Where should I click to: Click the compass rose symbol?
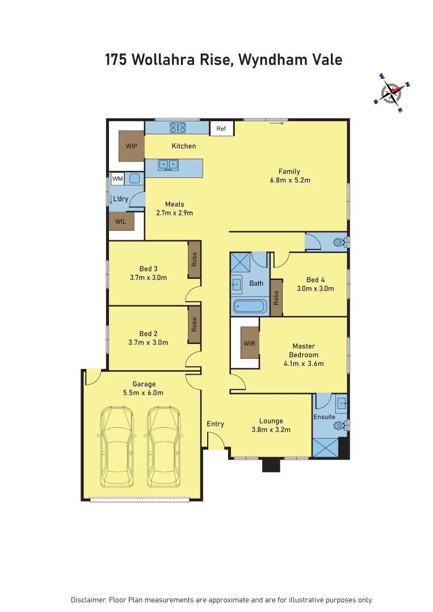pyautogui.click(x=391, y=92)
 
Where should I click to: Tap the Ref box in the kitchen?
pyautogui.click(x=221, y=129)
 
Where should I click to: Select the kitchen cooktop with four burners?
pyautogui.click(x=178, y=128)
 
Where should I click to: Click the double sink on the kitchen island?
pyautogui.click(x=168, y=165)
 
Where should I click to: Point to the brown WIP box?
pyautogui.click(x=132, y=146)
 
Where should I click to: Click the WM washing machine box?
pyautogui.click(x=117, y=179)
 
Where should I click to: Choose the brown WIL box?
pyautogui.click(x=121, y=222)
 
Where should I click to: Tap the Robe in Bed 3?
pyautogui.click(x=194, y=260)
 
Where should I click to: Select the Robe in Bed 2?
pyautogui.click(x=194, y=325)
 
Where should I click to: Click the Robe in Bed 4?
pyautogui.click(x=276, y=297)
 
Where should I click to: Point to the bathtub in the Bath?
pyautogui.click(x=250, y=307)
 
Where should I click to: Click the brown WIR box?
pyautogui.click(x=250, y=343)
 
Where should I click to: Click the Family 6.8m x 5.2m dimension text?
pyautogui.click(x=289, y=180)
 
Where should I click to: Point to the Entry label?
pyautogui.click(x=215, y=424)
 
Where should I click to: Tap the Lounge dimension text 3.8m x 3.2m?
pyautogui.click(x=271, y=430)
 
